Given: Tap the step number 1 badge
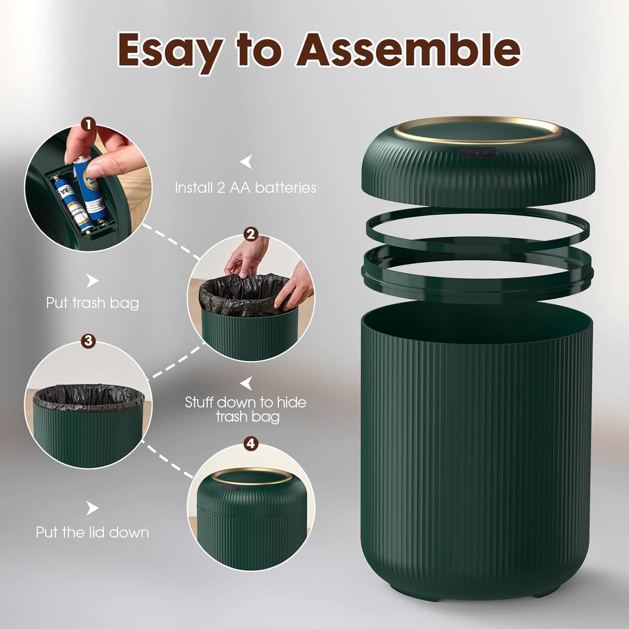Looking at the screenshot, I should [88, 125].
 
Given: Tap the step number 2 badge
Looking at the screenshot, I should [250, 235].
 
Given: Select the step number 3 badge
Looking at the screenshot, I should [88, 341].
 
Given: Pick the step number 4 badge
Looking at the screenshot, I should [250, 444].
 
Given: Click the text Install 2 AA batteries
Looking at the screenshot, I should [245, 188].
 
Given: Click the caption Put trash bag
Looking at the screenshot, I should [92, 303].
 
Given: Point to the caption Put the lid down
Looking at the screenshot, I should [92, 532].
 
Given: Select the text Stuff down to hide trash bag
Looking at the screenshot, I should [246, 409].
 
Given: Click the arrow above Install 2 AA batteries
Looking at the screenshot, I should [246, 162].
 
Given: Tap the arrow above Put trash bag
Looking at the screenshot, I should [92, 281].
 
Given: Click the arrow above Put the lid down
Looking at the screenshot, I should [92, 508].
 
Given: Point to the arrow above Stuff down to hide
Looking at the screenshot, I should [247, 383].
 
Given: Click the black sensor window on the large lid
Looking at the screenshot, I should [477, 153].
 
